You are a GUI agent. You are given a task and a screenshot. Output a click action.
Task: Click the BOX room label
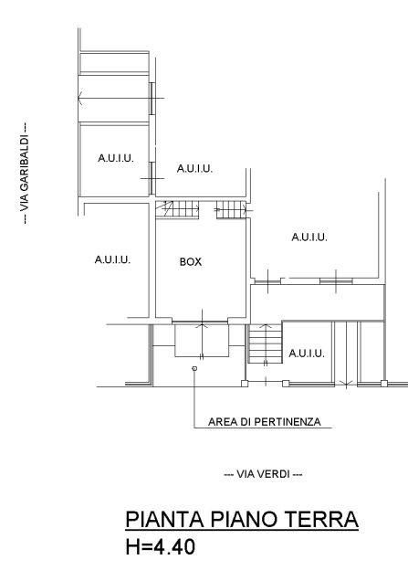point(191,262)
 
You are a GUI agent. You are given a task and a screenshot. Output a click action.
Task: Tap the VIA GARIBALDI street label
point(24,174)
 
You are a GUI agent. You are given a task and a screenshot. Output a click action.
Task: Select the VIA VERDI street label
point(263,474)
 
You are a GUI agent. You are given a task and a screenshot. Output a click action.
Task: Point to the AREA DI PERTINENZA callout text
point(265,422)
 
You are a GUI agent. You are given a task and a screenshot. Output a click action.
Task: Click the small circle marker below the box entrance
point(194,368)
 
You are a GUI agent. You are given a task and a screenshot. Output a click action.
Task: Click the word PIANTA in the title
point(165,519)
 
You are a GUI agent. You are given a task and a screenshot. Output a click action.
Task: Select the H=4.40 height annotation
point(161,547)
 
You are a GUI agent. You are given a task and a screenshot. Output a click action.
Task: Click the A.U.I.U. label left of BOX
point(112,259)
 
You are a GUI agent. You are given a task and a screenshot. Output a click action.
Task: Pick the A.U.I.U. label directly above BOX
point(194,169)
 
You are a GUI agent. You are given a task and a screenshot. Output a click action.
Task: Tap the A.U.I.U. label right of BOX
point(309,237)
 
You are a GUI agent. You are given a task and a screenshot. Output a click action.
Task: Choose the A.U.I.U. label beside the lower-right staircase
point(307,354)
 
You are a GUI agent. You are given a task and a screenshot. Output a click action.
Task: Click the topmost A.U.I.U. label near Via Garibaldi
point(116,158)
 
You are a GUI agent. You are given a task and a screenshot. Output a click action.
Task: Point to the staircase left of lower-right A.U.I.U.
point(265,343)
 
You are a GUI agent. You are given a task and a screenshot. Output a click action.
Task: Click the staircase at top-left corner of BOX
point(177,210)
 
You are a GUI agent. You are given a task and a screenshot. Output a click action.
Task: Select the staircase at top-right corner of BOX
point(232,210)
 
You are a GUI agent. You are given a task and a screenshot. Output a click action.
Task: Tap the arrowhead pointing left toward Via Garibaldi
point(80,99)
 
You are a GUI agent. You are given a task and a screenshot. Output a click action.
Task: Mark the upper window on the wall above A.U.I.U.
point(152,99)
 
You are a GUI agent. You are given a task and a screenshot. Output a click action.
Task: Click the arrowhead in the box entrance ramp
point(202,325)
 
